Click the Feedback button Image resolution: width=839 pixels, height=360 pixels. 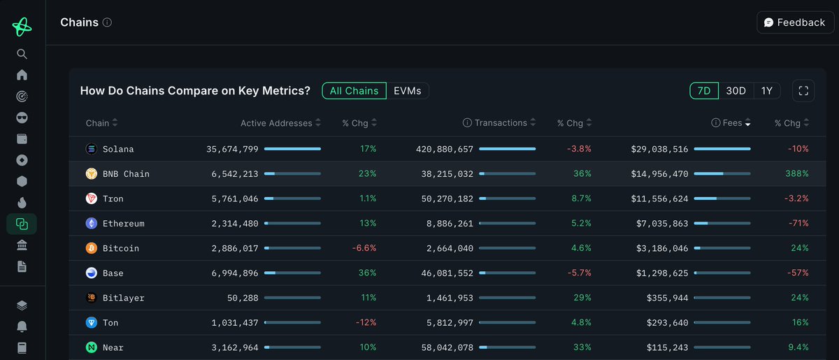[x=795, y=22]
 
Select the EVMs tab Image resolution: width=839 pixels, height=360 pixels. [x=407, y=91]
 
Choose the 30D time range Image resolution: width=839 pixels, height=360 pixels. [x=736, y=91]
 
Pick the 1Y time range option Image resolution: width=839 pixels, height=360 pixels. [x=767, y=91]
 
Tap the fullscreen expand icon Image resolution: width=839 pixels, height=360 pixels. [x=803, y=91]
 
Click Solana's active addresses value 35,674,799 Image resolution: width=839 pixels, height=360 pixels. [x=232, y=149]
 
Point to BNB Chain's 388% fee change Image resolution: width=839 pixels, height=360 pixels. [x=796, y=173]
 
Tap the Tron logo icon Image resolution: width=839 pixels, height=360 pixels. [x=92, y=199]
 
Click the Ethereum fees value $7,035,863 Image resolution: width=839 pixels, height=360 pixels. [x=662, y=224]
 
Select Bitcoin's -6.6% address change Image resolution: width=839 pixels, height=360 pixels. [x=364, y=248]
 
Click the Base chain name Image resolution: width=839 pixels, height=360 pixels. [x=113, y=273]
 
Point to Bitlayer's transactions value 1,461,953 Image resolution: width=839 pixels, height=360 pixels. [x=450, y=298]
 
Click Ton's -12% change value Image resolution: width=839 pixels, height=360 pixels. [x=366, y=322]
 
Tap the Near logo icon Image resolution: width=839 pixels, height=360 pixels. [x=92, y=347]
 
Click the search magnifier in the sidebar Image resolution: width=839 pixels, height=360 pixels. [x=22, y=54]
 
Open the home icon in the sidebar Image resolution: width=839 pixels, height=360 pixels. [x=22, y=75]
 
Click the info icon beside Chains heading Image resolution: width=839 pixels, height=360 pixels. [x=107, y=22]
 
